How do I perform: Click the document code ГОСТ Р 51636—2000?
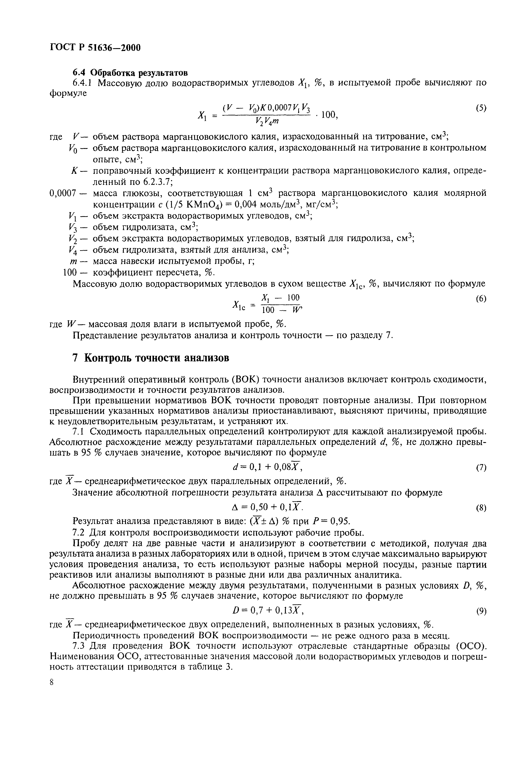[95, 48]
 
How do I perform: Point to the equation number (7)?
[481, 468]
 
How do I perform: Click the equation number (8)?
[481, 508]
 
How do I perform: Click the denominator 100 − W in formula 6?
[282, 310]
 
